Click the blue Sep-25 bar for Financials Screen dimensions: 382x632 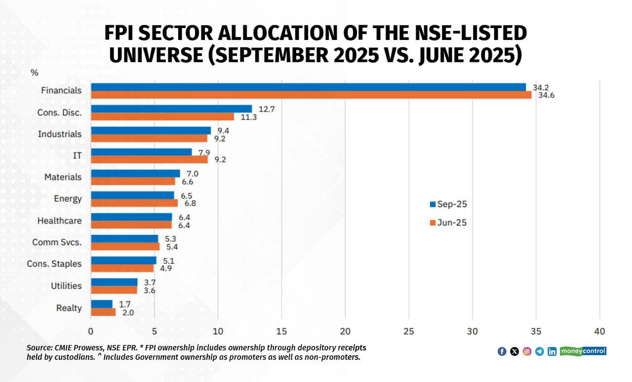[308, 87]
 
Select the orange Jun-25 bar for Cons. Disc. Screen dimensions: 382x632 [162, 116]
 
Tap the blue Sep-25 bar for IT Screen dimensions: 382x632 [141, 152]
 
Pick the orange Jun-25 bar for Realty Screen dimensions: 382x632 [103, 312]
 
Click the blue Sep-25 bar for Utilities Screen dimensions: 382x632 [114, 282]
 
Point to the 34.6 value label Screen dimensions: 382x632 [546, 95]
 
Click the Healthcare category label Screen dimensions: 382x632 [59, 221]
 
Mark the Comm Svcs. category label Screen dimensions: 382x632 [57, 242]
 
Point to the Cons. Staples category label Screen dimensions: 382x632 [54, 264]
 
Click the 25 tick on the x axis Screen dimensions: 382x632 [409, 331]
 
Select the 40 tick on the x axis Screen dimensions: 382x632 [599, 331]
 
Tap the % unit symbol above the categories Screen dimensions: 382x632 [34, 73]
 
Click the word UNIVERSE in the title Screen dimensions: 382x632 [156, 55]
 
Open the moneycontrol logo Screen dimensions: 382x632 [583, 351]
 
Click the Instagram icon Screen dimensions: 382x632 [527, 351]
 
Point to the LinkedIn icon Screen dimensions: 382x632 [552, 351]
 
